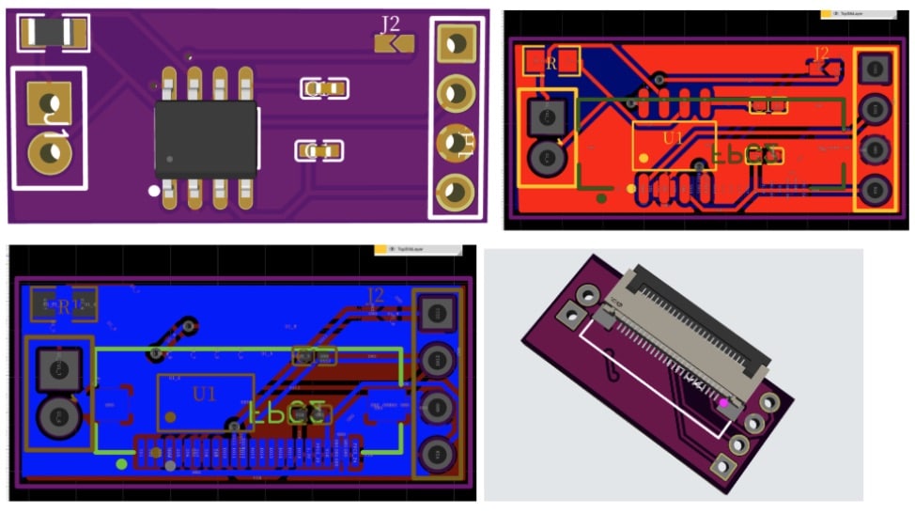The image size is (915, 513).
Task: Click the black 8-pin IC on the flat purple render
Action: click(206, 139)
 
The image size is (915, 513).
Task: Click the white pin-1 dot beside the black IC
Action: click(154, 191)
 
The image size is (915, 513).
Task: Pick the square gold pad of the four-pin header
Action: click(457, 42)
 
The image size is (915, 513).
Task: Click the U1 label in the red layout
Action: click(674, 138)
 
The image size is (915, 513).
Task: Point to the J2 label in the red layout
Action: click(821, 54)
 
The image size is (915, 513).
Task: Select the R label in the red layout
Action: click(551, 64)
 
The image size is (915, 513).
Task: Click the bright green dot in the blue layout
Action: click(121, 463)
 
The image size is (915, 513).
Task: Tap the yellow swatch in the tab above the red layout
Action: click(827, 14)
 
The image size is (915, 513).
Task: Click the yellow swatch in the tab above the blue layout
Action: click(380, 250)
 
